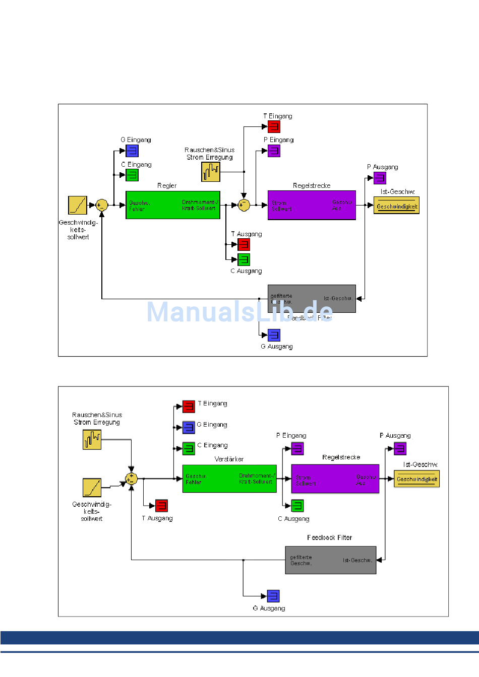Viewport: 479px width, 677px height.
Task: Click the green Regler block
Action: [173, 205]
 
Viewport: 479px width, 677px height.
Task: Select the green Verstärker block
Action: [229, 479]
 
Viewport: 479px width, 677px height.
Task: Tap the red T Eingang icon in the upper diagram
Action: [274, 126]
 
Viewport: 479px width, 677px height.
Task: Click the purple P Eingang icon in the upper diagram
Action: [274, 151]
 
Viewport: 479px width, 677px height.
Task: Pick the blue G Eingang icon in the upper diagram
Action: [132, 151]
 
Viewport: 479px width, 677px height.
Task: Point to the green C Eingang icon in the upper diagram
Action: [132, 175]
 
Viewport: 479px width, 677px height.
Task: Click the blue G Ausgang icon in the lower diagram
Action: [273, 596]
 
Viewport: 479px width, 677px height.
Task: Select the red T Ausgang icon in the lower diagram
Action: [161, 505]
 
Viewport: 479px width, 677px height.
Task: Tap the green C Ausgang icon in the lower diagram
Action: [297, 505]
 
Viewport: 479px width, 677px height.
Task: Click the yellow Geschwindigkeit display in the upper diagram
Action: [397, 206]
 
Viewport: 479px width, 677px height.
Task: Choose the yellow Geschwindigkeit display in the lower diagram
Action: [416, 479]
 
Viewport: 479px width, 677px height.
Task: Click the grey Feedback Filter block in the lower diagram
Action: [330, 560]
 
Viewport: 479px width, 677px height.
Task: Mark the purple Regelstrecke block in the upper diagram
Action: [312, 205]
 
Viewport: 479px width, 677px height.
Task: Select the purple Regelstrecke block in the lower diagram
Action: [335, 479]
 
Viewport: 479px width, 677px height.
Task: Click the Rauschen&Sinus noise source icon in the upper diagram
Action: [211, 172]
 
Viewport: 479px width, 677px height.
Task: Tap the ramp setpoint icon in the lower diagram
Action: [92, 488]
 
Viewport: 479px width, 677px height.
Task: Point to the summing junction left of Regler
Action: [102, 205]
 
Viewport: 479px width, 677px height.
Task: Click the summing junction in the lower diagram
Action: [131, 478]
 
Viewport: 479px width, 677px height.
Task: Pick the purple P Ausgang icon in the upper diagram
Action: [380, 178]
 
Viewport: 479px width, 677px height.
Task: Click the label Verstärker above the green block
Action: [229, 459]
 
